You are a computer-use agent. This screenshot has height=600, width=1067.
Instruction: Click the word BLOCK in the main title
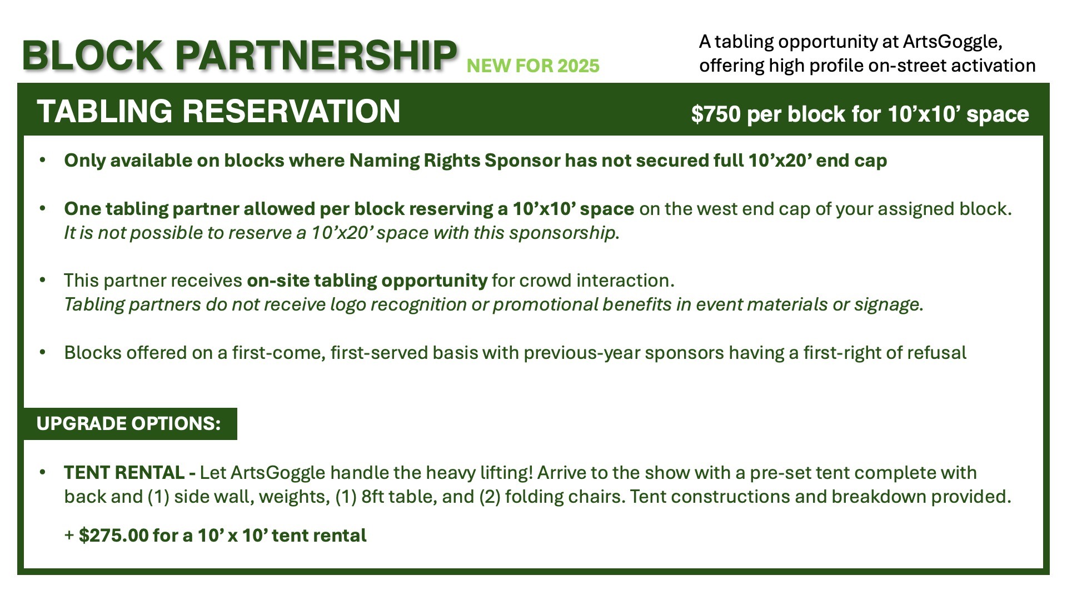[x=92, y=56]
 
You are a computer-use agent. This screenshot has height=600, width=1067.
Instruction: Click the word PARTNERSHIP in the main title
[x=316, y=56]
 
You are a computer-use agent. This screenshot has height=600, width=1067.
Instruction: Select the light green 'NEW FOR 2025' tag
[x=533, y=66]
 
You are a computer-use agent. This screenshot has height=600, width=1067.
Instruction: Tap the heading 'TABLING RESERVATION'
[x=218, y=111]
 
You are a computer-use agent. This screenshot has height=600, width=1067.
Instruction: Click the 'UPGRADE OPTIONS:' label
[x=128, y=423]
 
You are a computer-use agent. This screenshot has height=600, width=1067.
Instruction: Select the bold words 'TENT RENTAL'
[x=124, y=473]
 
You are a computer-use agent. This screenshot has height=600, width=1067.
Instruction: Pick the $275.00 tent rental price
[x=113, y=536]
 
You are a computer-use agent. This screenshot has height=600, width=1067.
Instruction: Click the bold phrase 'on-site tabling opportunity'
[x=367, y=281]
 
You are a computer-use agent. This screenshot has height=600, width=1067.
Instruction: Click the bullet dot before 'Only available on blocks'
[x=43, y=160]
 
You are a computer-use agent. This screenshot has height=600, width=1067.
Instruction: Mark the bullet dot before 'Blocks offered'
[x=43, y=352]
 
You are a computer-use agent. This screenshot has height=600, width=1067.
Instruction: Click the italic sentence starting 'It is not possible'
[x=342, y=233]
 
